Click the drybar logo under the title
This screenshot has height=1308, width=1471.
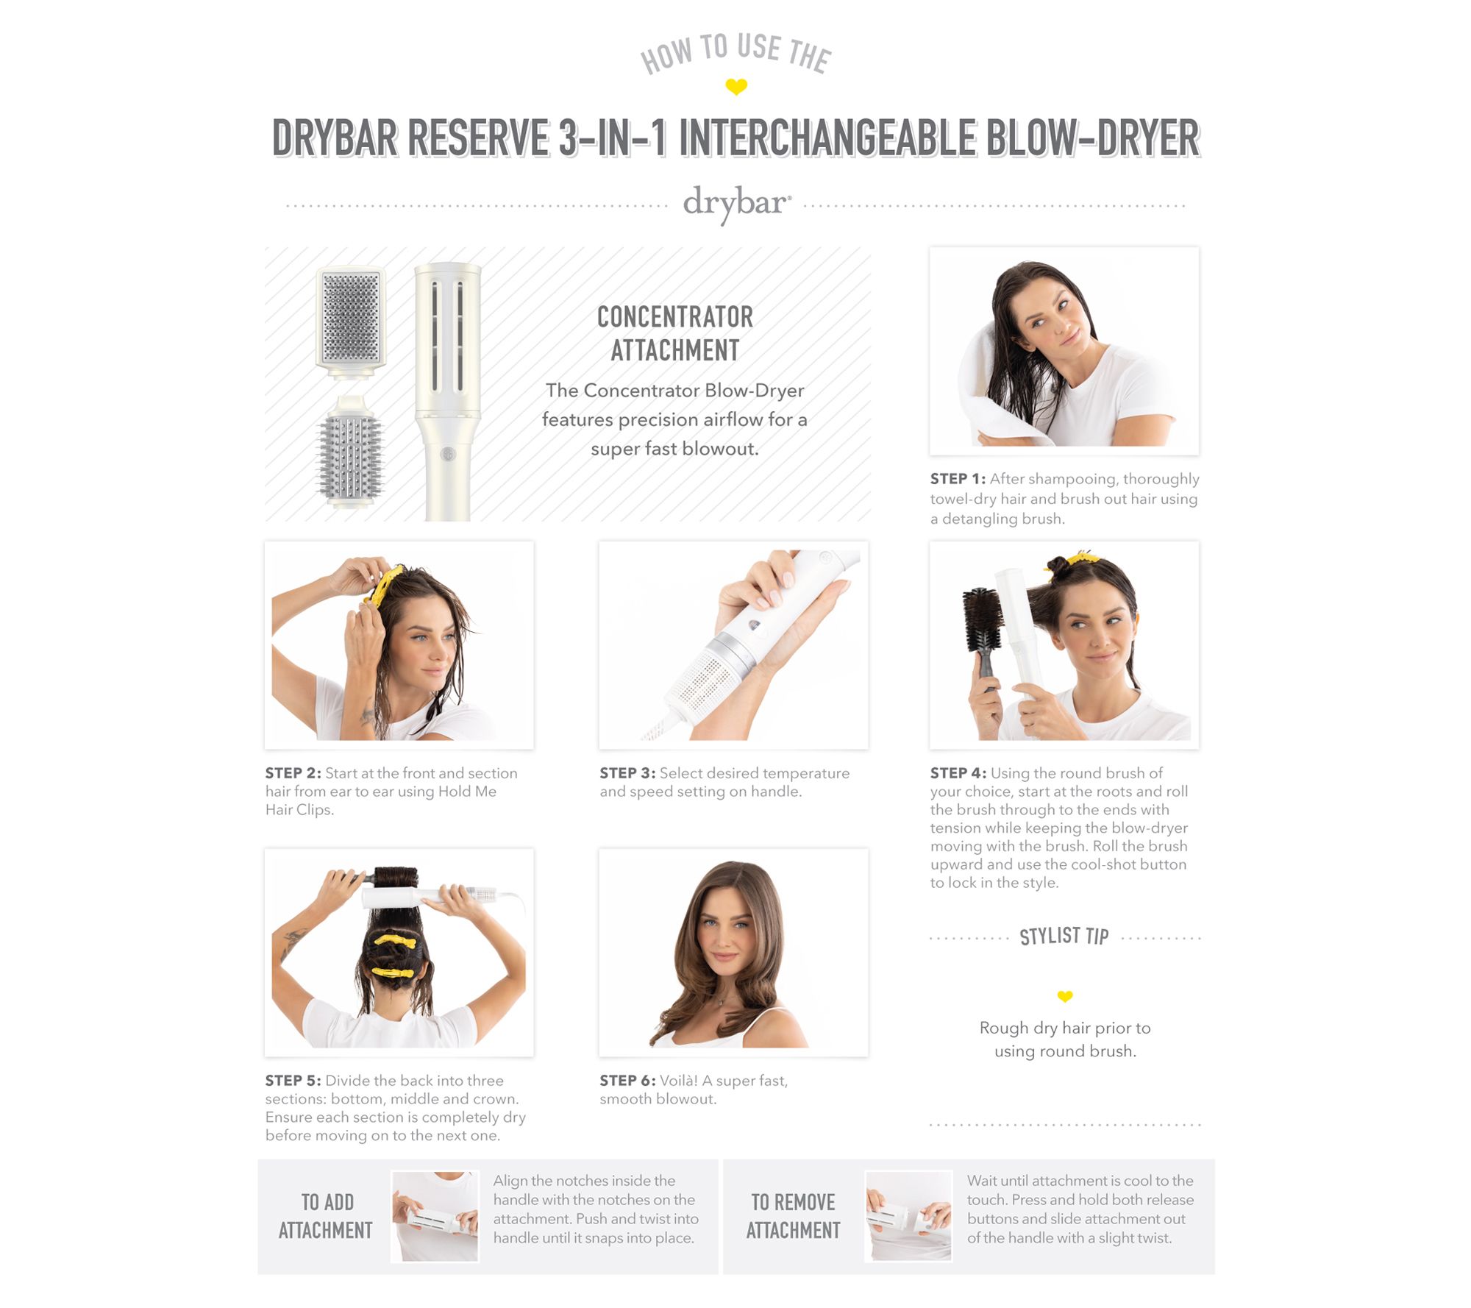pos(737,203)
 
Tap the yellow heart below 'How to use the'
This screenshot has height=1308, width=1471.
pos(736,87)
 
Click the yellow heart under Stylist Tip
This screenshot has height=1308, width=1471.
pos(1065,996)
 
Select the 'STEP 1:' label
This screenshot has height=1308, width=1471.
pos(958,479)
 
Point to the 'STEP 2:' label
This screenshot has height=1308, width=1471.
pos(293,773)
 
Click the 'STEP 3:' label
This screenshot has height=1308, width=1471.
pos(627,773)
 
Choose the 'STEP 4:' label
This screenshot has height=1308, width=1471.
pos(958,773)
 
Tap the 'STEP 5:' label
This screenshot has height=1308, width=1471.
pos(293,1081)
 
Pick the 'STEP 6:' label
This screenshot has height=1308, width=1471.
pos(627,1081)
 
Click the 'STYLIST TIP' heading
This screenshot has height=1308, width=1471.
pos(1064,936)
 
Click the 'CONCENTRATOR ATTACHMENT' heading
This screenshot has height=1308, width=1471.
pos(675,333)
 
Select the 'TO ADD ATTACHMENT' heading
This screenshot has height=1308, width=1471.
pos(326,1216)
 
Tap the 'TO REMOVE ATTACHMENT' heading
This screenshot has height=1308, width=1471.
pos(793,1216)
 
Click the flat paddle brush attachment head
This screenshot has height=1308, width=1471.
pos(352,318)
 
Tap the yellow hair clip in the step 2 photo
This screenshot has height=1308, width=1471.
pos(384,586)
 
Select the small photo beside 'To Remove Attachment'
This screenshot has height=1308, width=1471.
pos(908,1216)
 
